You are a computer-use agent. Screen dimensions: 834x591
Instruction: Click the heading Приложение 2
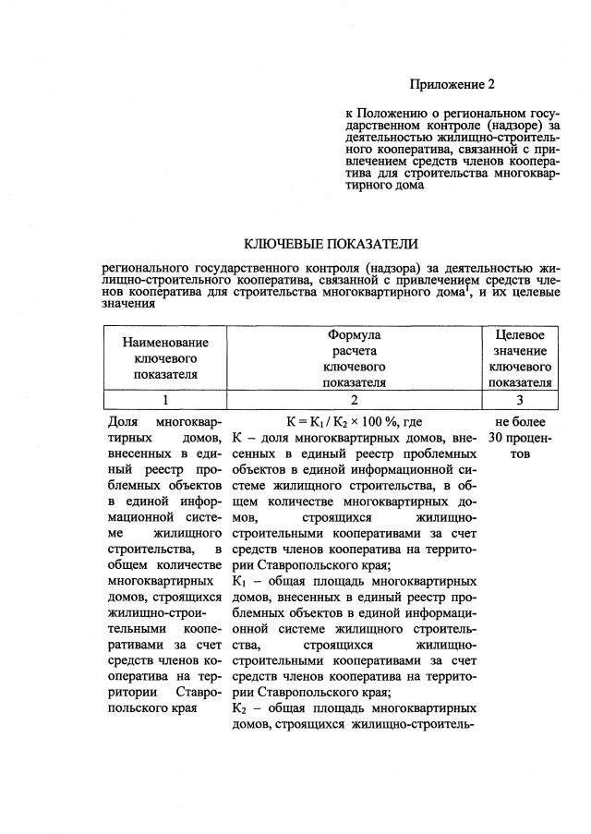(453, 85)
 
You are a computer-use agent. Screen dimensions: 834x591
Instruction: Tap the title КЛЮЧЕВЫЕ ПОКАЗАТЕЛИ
(330, 244)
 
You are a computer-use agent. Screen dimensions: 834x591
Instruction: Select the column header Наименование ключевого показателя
(166, 358)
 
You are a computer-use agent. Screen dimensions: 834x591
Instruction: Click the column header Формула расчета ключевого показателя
(355, 358)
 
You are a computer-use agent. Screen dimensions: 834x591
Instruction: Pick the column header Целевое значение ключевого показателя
(520, 358)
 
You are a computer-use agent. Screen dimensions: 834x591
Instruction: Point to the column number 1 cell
(166, 400)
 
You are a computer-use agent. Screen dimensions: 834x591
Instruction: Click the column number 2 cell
(355, 400)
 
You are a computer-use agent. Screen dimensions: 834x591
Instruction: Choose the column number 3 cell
(520, 400)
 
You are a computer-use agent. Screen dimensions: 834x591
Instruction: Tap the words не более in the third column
(520, 421)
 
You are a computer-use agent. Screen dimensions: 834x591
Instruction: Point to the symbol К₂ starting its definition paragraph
(237, 708)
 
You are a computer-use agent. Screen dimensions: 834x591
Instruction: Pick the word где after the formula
(413, 421)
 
